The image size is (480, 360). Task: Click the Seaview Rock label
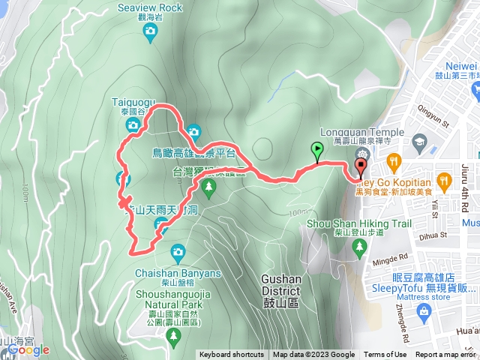[150, 7]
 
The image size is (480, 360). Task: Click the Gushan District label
[280, 284]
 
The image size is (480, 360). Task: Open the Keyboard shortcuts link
[231, 355]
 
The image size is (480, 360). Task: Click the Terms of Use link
[385, 355]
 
